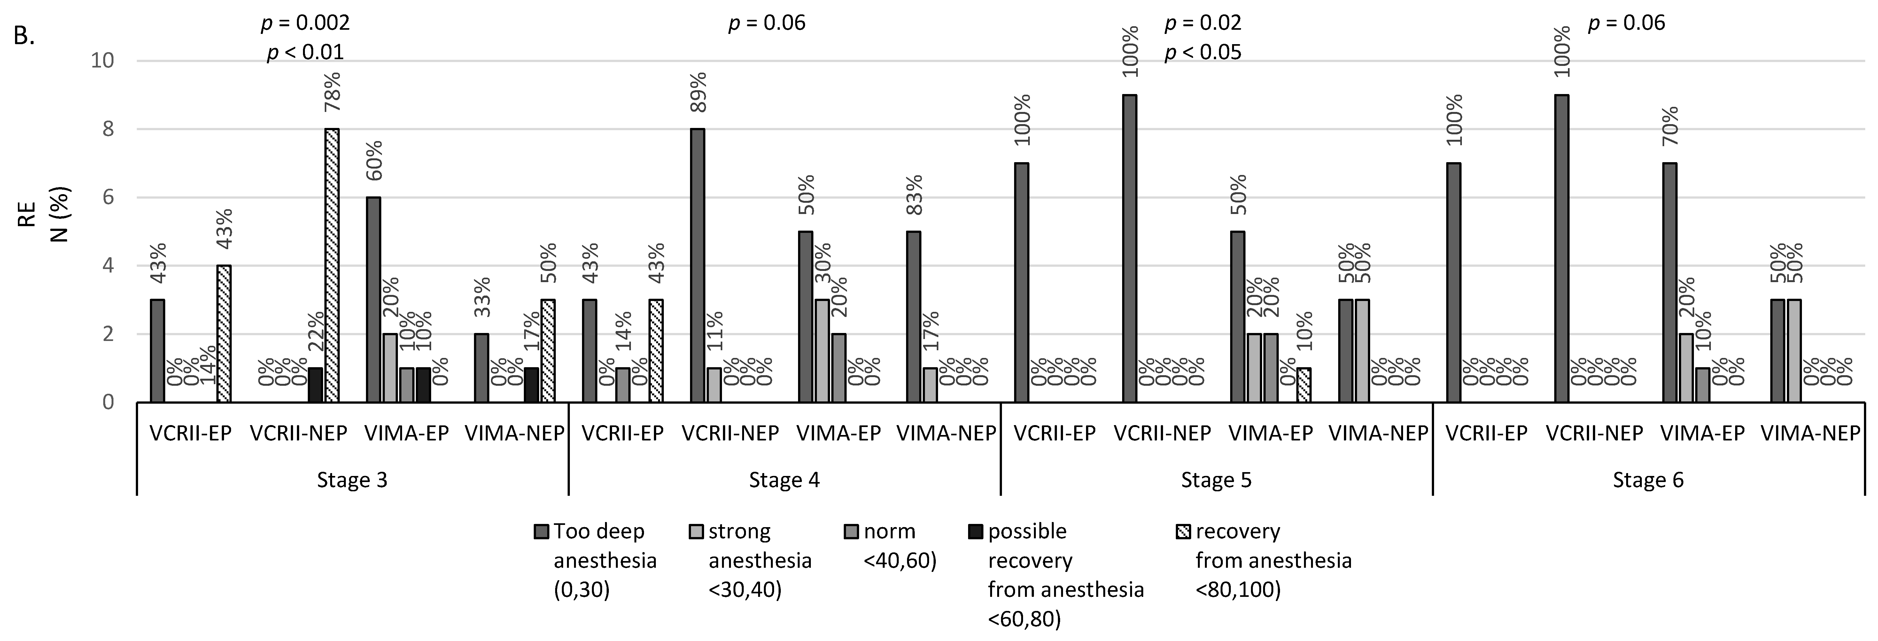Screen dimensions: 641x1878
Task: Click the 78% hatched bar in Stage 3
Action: [x=332, y=265]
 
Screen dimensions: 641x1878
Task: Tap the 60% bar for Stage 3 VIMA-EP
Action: [x=373, y=300]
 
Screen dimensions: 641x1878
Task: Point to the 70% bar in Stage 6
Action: [x=1670, y=283]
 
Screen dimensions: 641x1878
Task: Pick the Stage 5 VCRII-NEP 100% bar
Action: [x=1129, y=249]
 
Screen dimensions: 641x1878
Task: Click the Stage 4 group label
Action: [x=784, y=480]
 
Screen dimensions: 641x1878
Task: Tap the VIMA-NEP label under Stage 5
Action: [x=1378, y=433]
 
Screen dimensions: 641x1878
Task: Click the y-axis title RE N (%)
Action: [x=44, y=214]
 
